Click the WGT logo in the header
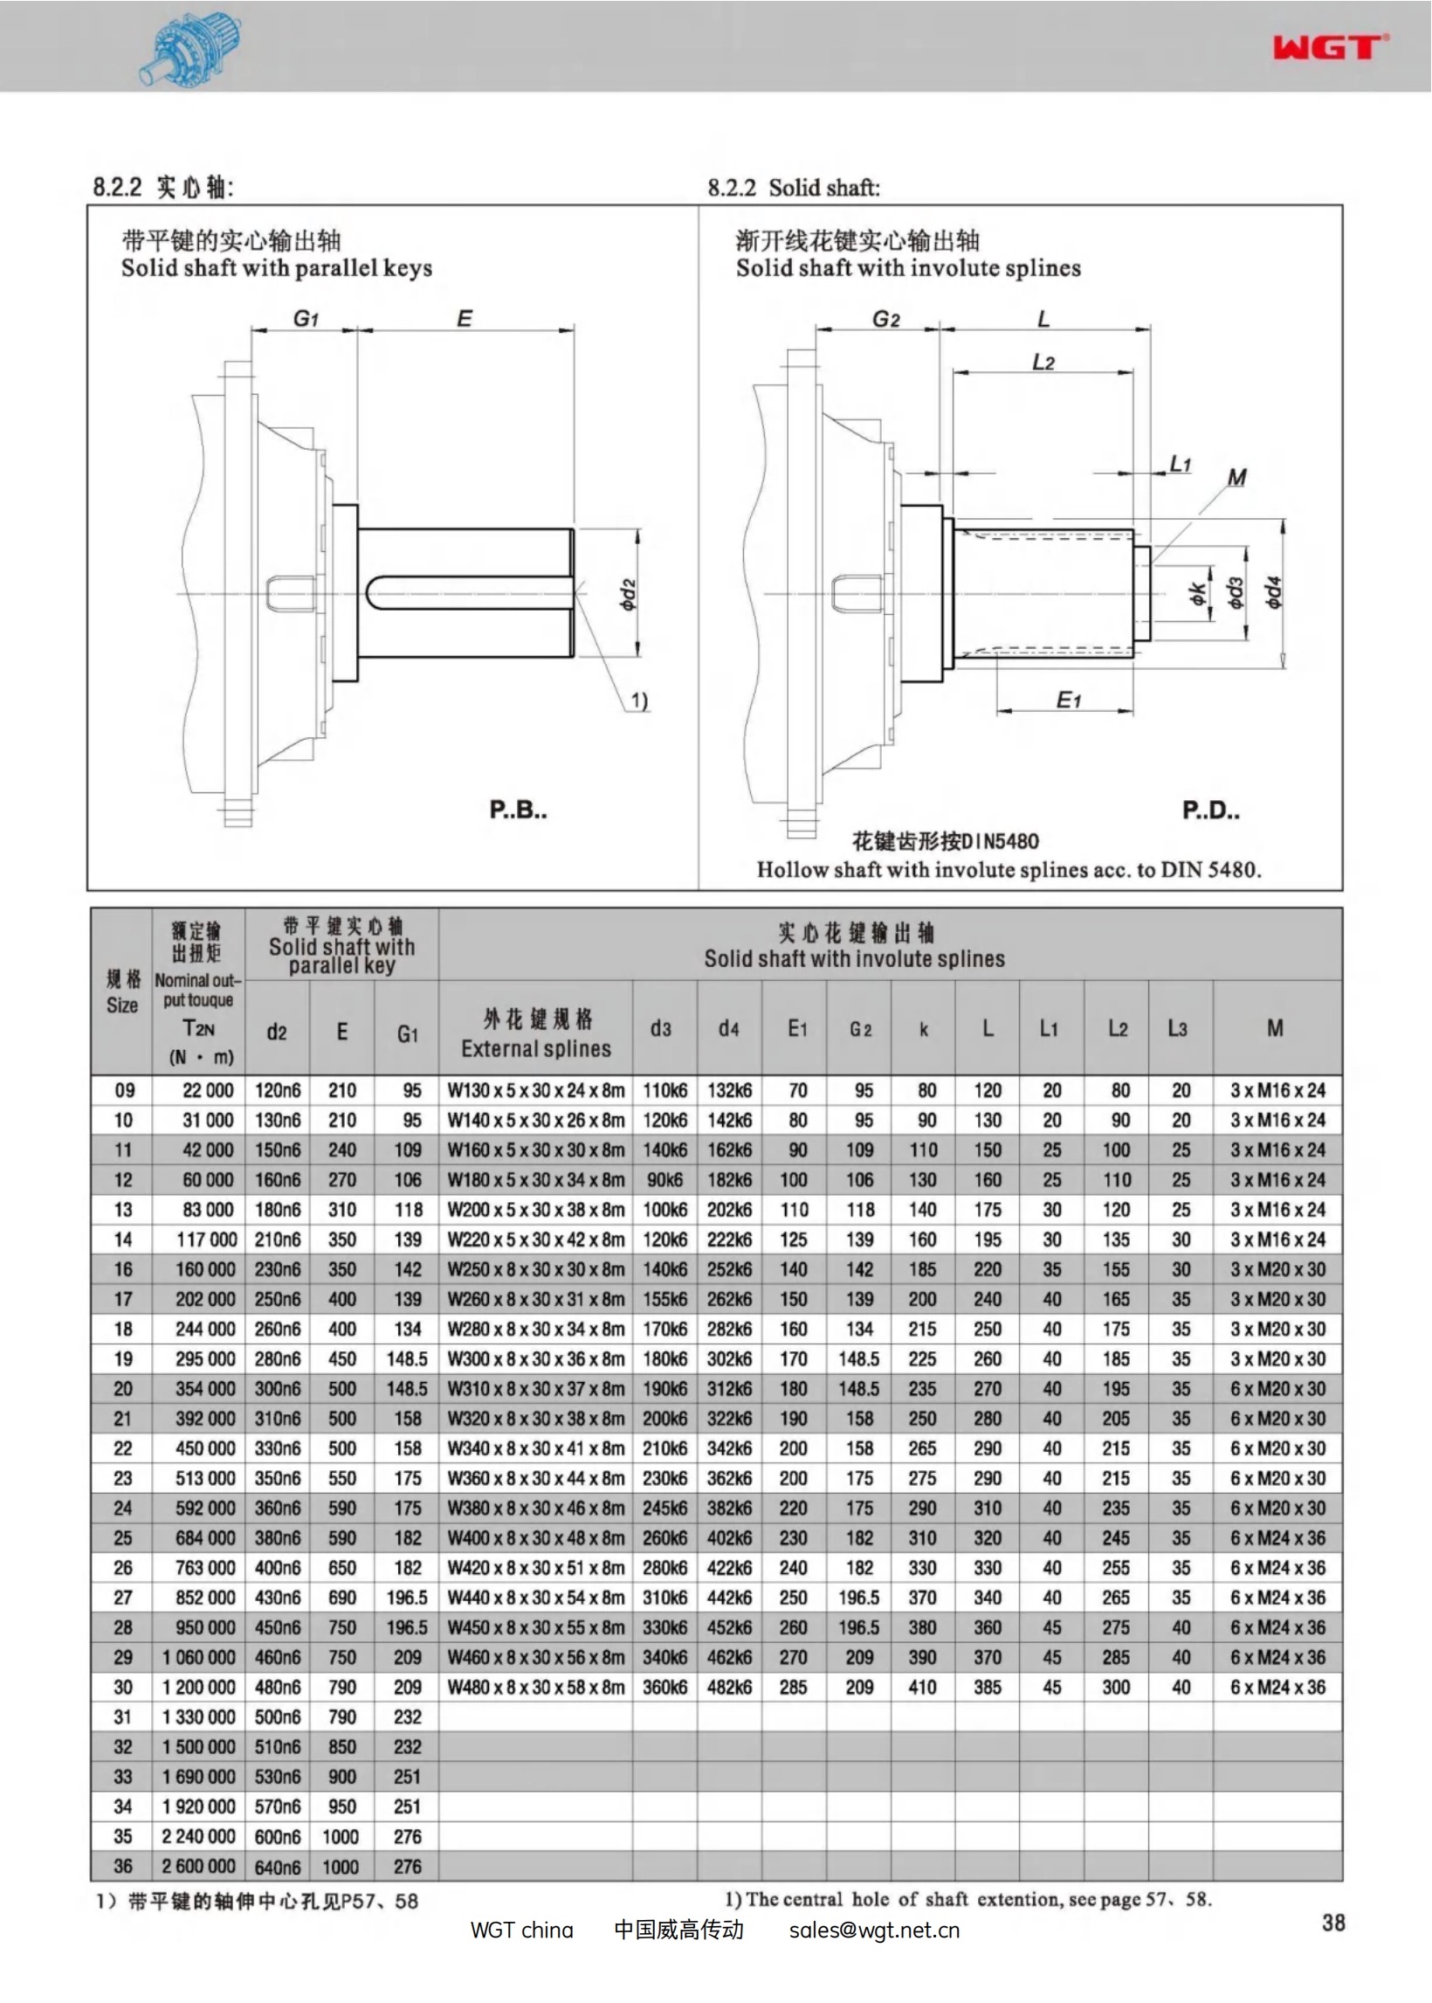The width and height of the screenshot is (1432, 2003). point(1330,46)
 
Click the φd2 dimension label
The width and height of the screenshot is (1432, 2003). point(627,595)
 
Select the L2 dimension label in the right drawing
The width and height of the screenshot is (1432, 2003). point(1043,362)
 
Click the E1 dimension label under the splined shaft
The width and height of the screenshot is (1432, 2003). point(1069,701)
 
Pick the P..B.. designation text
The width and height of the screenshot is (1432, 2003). point(519,809)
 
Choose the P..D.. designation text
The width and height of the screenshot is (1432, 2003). point(1211,810)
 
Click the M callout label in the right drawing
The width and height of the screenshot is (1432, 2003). point(1237,477)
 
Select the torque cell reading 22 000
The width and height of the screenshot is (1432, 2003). point(208,1090)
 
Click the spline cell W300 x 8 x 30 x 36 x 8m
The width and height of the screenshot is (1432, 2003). point(535,1359)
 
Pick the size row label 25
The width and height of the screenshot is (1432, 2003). point(122,1538)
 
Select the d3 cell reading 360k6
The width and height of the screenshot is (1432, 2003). point(664,1688)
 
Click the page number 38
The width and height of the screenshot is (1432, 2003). point(1333,1923)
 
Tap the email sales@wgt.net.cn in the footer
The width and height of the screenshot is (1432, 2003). point(873,1930)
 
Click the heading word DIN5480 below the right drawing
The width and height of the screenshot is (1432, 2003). point(999,840)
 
